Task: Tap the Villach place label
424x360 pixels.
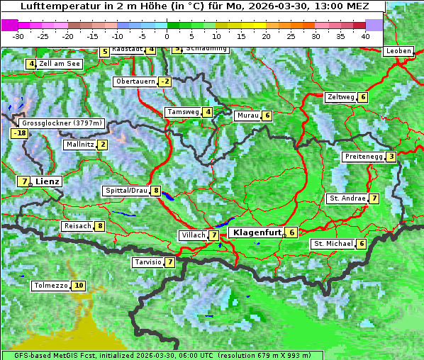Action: point(193,235)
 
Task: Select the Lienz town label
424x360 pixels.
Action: point(48,181)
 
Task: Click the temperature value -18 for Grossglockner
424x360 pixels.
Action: point(18,133)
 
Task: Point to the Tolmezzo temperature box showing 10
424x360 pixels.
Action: point(78,286)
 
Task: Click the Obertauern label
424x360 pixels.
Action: point(135,81)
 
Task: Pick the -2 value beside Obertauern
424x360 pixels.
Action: point(164,81)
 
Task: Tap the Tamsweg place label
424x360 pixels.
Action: point(183,112)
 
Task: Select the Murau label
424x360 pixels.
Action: point(247,116)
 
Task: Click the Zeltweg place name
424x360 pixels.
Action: point(340,97)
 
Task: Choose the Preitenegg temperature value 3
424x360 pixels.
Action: point(391,157)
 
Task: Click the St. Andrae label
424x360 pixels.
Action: point(347,198)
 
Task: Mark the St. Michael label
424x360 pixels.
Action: point(333,244)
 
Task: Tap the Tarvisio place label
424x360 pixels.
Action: point(147,262)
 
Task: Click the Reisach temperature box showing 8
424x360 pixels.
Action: point(100,226)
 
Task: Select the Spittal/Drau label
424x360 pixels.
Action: point(126,191)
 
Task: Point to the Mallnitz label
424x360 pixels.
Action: point(79,145)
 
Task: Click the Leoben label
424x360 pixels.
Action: point(398,52)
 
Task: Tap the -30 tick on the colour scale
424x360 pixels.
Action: point(18,35)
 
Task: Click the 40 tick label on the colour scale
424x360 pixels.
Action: point(365,35)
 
